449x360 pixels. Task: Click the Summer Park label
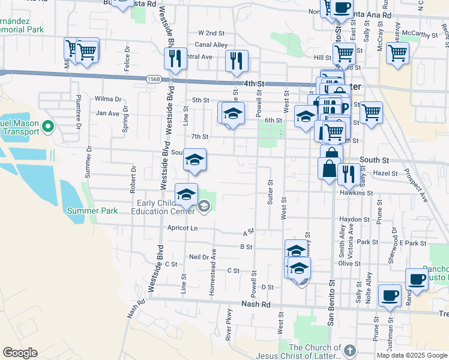click(92, 211)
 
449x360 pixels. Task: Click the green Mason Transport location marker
click(50, 127)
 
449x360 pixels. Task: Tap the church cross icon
click(350, 350)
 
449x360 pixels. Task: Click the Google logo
click(20, 353)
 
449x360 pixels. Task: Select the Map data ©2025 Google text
click(412, 355)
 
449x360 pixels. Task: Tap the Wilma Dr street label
click(108, 99)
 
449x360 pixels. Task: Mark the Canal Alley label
click(211, 45)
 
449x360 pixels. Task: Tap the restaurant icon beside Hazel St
click(348, 174)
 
